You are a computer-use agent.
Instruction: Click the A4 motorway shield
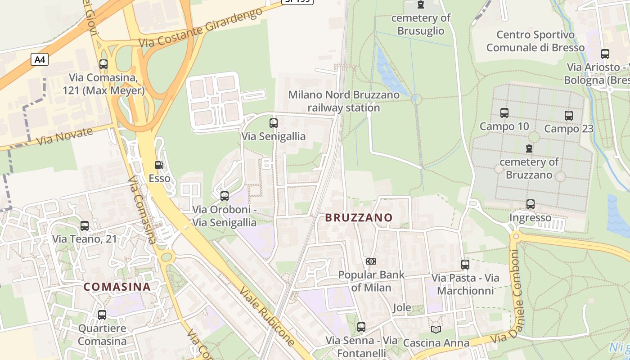pyautogui.click(x=40, y=59)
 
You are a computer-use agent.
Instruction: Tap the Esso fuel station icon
pyautogui.click(x=159, y=166)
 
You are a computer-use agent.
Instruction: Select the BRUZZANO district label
pyautogui.click(x=359, y=218)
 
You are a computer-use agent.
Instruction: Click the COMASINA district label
pyautogui.click(x=117, y=287)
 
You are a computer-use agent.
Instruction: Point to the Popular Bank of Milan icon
pyautogui.click(x=371, y=261)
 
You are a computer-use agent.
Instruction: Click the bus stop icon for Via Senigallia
pyautogui.click(x=273, y=123)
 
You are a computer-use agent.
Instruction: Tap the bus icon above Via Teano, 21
pyautogui.click(x=84, y=226)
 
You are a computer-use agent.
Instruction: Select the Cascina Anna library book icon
pyautogui.click(x=436, y=329)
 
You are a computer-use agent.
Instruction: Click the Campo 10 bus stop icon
pyautogui.click(x=504, y=113)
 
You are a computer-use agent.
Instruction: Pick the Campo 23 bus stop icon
pyautogui.click(x=568, y=116)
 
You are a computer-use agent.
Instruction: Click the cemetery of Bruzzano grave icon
pyautogui.click(x=529, y=148)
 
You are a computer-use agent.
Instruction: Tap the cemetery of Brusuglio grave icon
pyautogui.click(x=420, y=5)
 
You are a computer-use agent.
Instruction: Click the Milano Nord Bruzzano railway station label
pyautogui.click(x=344, y=101)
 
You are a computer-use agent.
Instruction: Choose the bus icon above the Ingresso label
pyautogui.click(x=530, y=204)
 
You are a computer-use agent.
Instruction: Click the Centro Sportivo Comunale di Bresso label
pyautogui.click(x=535, y=41)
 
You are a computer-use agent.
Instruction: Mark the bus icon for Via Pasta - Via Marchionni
pyautogui.click(x=465, y=265)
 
